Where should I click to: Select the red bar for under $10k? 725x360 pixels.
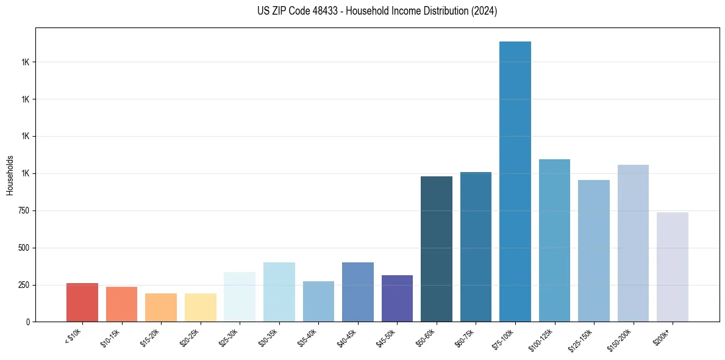coord(82,302)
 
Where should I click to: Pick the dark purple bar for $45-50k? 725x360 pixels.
coord(397,298)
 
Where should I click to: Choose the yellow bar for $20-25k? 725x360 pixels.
coord(200,308)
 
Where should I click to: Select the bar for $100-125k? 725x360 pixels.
coord(554,240)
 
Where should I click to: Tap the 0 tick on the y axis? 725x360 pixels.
coord(27,322)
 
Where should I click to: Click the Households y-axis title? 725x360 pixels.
coord(10,175)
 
